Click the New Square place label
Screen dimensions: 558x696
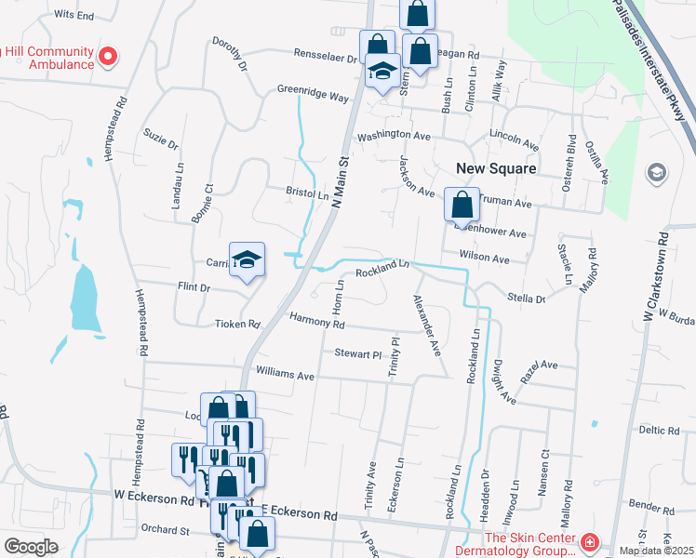(496, 168)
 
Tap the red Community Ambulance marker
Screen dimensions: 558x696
(108, 57)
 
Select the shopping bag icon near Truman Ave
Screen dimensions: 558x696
(462, 206)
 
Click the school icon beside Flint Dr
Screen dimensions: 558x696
(248, 259)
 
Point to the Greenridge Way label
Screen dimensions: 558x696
(313, 94)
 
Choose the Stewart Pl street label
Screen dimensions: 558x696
(358, 354)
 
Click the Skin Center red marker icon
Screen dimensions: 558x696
(588, 542)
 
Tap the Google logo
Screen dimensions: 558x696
(31, 547)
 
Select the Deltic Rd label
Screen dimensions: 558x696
(660, 430)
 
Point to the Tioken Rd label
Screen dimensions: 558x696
(236, 325)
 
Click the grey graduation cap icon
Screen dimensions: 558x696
(657, 172)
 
